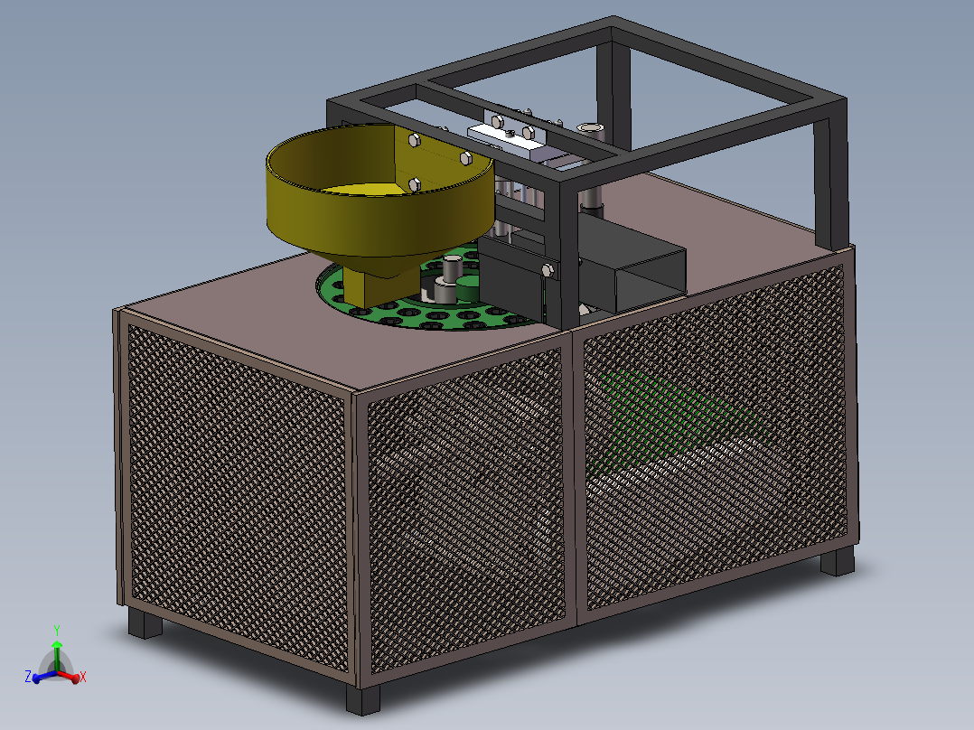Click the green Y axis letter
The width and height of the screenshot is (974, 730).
[56, 628]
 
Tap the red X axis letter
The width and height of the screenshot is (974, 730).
[83, 676]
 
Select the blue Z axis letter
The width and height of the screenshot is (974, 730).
[28, 676]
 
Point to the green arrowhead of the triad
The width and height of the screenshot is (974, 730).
[57, 644]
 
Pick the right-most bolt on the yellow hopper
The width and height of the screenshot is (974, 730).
[465, 158]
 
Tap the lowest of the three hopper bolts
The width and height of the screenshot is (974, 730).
[415, 184]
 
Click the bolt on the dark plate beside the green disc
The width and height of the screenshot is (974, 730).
[546, 270]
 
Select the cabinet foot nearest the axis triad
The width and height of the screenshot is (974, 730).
[143, 622]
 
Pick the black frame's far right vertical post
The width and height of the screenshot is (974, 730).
[829, 181]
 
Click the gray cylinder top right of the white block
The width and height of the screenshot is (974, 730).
[591, 129]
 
